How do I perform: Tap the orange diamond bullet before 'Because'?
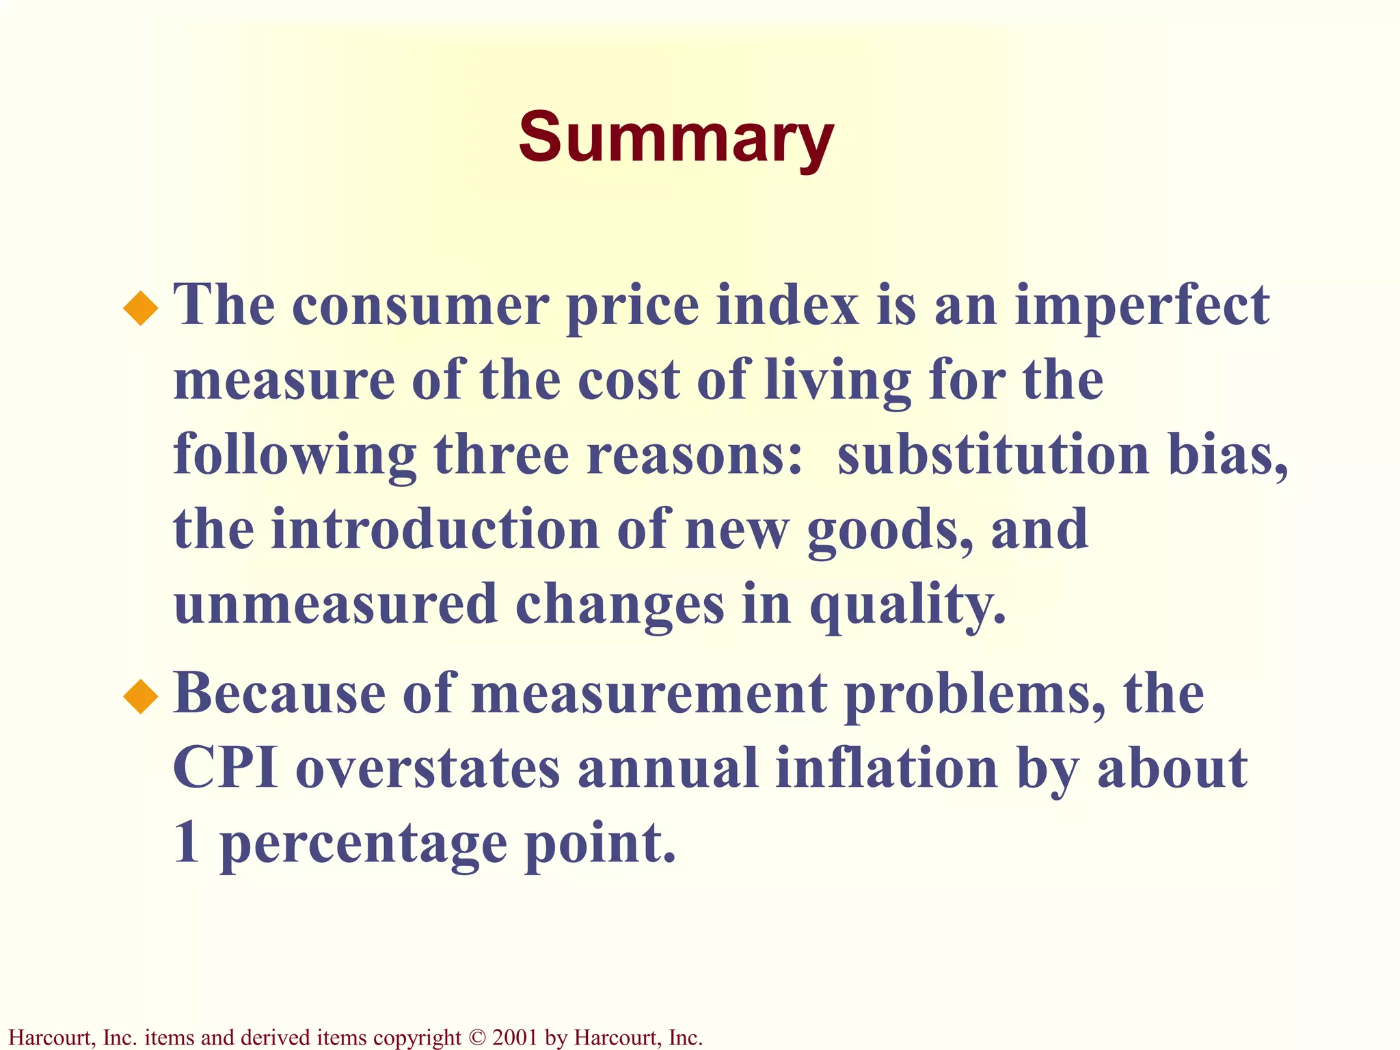coord(141,697)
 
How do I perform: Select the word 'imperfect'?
coord(1142,306)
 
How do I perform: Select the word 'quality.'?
coord(908,606)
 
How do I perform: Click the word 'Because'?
coord(279,695)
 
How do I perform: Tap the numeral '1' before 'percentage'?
coord(187,843)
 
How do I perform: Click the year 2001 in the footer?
coord(513,1038)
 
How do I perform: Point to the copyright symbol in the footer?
coord(477,1038)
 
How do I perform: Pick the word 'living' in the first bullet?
coord(837,381)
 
